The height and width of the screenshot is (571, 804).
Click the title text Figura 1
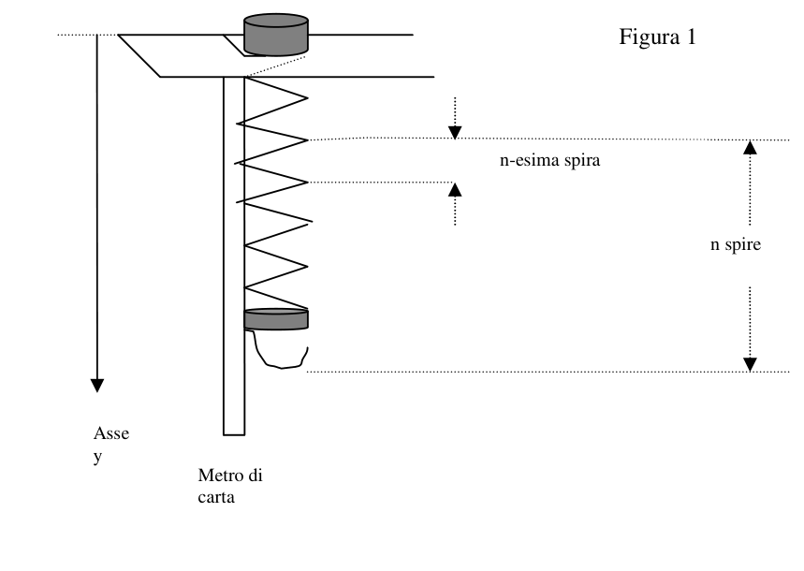coord(657,37)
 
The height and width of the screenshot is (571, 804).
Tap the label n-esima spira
coord(549,161)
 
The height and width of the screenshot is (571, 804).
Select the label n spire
coord(736,244)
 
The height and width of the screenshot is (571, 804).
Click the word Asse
coord(111,433)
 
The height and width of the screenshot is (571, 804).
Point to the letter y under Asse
coord(97,457)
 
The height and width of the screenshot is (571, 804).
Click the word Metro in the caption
coord(219,476)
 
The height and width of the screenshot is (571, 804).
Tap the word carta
coord(216,497)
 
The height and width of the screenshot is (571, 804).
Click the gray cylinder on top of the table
coord(276,35)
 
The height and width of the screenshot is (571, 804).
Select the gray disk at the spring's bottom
coord(276,319)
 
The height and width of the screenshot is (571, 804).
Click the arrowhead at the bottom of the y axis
coord(97,386)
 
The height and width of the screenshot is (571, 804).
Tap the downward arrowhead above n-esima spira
coord(455,132)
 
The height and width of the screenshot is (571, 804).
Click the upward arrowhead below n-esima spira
coord(455,189)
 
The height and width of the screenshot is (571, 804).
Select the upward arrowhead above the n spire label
coord(750,147)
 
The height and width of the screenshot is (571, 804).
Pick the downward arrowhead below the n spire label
coord(750,365)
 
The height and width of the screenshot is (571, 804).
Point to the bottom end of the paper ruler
coord(234,435)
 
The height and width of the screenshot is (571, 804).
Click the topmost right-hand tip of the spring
coord(308,97)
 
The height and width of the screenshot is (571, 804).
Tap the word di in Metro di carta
coord(255,476)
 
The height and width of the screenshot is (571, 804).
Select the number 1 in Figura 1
coord(691,37)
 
